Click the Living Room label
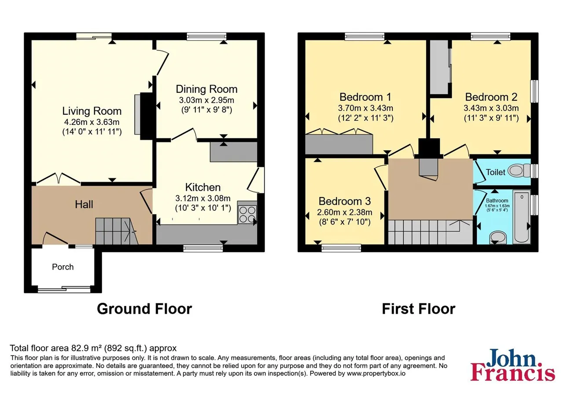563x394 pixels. [92, 111]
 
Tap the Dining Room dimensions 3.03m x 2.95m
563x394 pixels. [206, 100]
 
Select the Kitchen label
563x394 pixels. [203, 187]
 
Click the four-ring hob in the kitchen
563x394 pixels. [247, 214]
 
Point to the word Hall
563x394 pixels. [84, 204]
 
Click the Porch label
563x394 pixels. [62, 266]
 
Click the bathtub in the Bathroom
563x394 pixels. [522, 217]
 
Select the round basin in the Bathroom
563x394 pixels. [498, 237]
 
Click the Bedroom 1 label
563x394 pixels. [366, 97]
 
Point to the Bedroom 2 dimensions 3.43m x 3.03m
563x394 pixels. [491, 108]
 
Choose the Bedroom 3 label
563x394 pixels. [344, 201]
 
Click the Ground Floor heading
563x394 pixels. [145, 309]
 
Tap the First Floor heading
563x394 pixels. [418, 309]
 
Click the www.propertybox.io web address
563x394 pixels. [376, 373]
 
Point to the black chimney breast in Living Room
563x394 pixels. [147, 116]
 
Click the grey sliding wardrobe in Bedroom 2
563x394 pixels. [439, 67]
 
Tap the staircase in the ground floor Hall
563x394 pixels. [117, 231]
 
